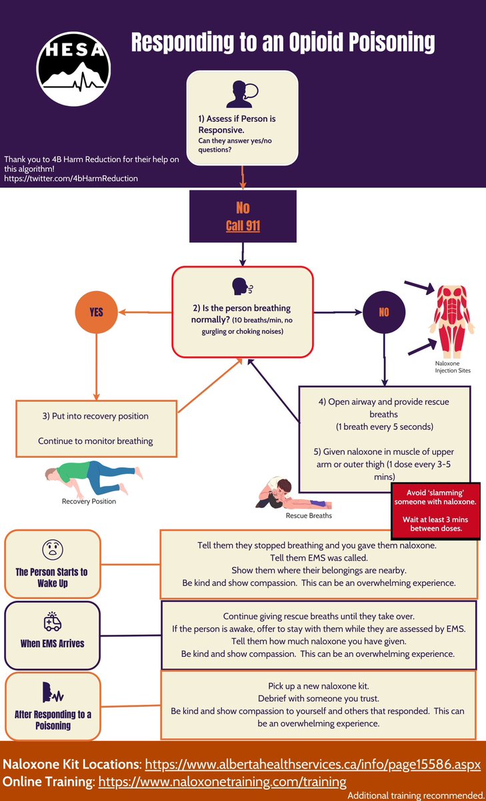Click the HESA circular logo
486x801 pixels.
(73, 69)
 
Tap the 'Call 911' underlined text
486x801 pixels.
(243, 226)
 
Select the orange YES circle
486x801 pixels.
(97, 312)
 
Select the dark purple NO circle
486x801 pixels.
(384, 312)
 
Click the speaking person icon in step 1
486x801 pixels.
(242, 94)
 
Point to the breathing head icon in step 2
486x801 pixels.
(243, 286)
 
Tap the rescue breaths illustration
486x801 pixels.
(293, 494)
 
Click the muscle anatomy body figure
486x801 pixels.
(452, 322)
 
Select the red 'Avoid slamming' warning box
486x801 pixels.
(435, 511)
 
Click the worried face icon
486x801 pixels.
(53, 549)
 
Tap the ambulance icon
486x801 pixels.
(53, 621)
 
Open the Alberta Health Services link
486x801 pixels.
(313, 764)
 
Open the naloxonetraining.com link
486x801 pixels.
(222, 782)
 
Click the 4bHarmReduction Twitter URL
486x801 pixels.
(71, 178)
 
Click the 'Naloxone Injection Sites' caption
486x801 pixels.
(453, 367)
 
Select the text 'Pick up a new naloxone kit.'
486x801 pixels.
(319, 686)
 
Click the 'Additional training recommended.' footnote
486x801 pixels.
(416, 795)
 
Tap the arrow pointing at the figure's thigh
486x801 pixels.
(423, 347)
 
